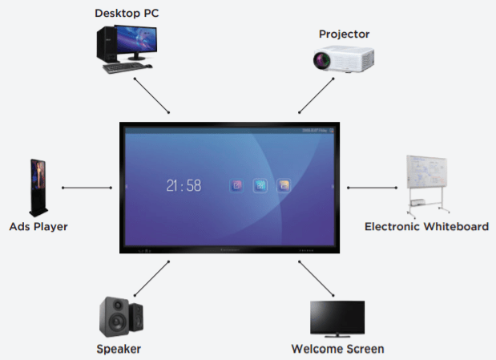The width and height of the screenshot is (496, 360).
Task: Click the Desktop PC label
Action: click(x=127, y=14)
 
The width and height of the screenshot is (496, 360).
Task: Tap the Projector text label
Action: click(x=344, y=34)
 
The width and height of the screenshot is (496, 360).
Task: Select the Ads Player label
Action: click(x=38, y=226)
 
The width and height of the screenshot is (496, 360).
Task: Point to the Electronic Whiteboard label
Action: click(x=426, y=226)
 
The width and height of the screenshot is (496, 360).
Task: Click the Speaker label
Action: click(x=119, y=349)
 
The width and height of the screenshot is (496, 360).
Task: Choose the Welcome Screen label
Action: click(x=337, y=349)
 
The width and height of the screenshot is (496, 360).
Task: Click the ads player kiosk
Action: click(x=38, y=187)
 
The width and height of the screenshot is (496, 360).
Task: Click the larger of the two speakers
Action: click(x=113, y=316)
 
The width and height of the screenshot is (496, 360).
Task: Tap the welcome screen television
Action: click(x=337, y=318)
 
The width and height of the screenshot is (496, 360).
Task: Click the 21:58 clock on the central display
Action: click(x=183, y=186)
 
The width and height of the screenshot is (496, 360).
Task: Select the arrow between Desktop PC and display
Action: click(x=152, y=95)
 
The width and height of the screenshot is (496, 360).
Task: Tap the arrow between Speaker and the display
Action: click(x=152, y=278)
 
